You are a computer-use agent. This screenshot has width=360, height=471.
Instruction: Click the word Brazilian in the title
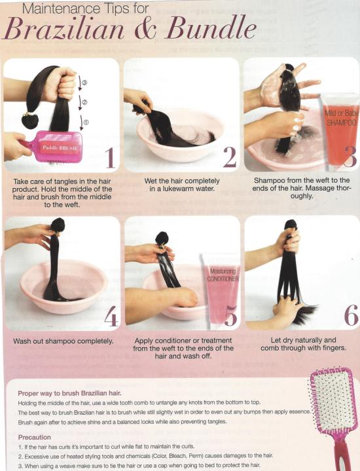click(63, 29)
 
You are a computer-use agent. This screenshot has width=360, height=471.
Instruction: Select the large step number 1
click(110, 159)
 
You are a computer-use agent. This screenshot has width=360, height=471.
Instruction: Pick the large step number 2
click(230, 158)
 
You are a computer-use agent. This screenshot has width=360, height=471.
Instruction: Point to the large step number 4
click(111, 316)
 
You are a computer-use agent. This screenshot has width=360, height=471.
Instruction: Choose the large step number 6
click(351, 315)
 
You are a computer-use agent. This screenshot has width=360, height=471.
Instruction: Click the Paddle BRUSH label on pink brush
click(60, 148)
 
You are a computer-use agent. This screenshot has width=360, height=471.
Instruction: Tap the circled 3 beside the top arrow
click(85, 83)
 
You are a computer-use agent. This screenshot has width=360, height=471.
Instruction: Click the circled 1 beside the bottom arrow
click(86, 122)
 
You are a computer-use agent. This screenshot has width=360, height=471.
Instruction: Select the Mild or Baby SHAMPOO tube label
click(342, 118)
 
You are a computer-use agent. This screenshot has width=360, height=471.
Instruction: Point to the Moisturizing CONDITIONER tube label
click(223, 275)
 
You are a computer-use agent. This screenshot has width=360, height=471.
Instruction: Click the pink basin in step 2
click(180, 135)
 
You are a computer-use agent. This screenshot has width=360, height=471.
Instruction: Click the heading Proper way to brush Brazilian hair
click(69, 393)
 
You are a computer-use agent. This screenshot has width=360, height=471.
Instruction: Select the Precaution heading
click(34, 437)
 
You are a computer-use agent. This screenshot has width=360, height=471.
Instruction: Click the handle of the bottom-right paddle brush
click(342, 453)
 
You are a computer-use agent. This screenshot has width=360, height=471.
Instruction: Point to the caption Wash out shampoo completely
click(63, 341)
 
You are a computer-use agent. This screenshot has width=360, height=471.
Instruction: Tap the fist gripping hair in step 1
click(60, 85)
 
